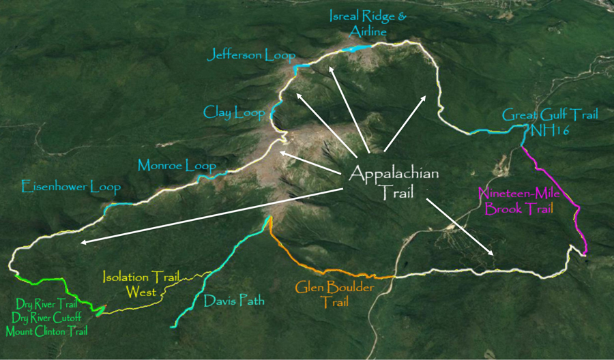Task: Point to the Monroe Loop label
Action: point(177,165)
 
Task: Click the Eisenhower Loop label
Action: point(70,186)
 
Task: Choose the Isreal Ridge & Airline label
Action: point(368,23)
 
